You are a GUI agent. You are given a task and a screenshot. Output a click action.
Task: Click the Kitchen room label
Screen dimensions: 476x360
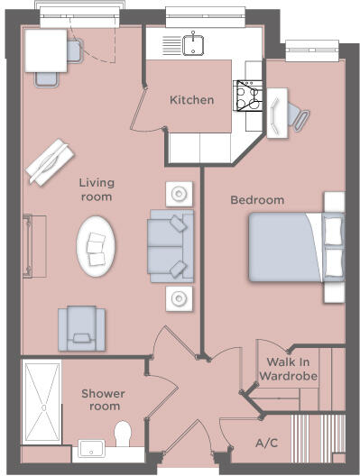(192, 100)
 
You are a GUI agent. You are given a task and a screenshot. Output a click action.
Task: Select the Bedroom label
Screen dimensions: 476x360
(257, 200)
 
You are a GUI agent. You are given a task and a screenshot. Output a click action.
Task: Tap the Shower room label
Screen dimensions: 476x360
(103, 400)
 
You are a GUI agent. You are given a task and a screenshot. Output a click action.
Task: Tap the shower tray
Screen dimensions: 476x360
(42, 402)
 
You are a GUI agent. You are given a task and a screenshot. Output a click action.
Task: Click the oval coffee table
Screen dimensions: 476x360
(96, 246)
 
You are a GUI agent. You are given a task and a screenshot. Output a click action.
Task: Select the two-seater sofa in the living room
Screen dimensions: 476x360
(169, 244)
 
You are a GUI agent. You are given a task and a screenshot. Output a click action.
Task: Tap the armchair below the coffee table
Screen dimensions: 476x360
(81, 328)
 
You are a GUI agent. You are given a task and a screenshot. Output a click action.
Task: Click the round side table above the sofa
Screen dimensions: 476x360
(180, 193)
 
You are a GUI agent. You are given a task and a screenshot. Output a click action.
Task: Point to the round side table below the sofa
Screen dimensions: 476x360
(180, 297)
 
